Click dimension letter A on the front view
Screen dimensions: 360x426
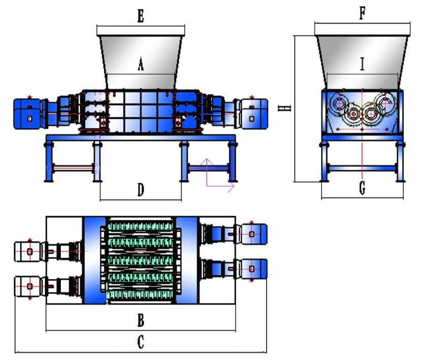(141, 65)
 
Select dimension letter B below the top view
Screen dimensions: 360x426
(141, 320)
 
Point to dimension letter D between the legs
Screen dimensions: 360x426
(141, 190)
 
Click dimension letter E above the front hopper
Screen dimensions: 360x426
(140, 16)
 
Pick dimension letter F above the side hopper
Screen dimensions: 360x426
(362, 13)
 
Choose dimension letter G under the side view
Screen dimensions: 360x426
(362, 189)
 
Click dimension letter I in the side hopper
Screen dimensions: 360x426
(362, 64)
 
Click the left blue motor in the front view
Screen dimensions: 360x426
(28, 112)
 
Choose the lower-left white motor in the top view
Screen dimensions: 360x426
(29, 286)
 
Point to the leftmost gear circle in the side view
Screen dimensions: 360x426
(338, 104)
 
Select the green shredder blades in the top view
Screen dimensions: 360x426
(141, 261)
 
